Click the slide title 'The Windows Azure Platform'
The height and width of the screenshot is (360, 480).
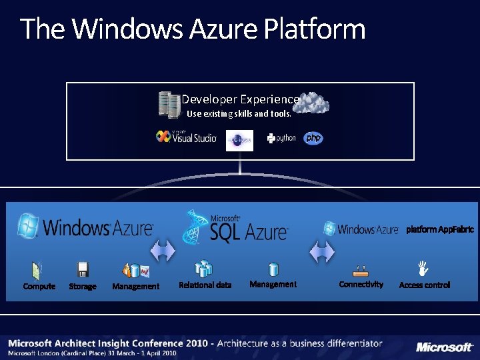tap(193, 29)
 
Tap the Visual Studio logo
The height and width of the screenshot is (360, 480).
tap(186, 137)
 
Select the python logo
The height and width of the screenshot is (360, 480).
tap(281, 138)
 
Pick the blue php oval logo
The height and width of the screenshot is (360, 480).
tap(313, 138)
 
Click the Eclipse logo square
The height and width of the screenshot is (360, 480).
tap(239, 140)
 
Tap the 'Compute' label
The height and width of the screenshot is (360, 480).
tap(39, 287)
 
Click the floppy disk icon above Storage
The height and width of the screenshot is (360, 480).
tap(83, 269)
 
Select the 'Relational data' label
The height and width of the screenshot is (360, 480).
tap(205, 285)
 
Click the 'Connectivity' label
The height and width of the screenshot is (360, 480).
tap(361, 285)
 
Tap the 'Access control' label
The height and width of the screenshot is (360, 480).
tap(425, 285)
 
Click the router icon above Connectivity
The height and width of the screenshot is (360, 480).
tap(361, 271)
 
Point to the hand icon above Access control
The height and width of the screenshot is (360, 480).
tap(421, 269)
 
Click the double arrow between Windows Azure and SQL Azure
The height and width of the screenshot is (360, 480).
tap(162, 252)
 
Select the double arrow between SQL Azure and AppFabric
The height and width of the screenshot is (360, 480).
tap(321, 252)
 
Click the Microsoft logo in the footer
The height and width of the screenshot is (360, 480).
tap(444, 347)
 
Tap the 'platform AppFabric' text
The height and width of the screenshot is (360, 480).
tap(440, 230)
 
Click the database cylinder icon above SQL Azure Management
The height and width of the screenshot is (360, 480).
tap(273, 269)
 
